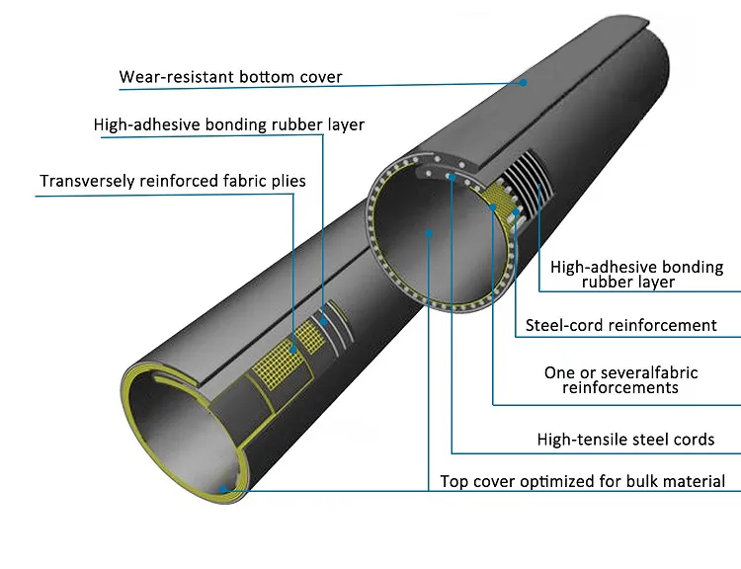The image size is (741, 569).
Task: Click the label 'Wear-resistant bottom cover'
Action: point(231,76)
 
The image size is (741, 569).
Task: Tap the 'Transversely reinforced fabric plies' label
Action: point(173,181)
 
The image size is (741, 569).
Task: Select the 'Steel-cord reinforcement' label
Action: point(620,325)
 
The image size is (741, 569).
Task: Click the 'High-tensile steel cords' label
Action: point(625,439)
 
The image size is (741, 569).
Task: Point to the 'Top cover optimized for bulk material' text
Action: point(583,482)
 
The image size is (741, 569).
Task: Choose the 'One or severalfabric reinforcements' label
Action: point(620,380)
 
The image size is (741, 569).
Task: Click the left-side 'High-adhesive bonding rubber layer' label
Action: point(229,125)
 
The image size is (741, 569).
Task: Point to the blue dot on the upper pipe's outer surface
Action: point(526,85)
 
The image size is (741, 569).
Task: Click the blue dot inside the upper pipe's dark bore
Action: point(428,233)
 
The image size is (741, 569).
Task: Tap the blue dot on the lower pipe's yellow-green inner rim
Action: point(226,487)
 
